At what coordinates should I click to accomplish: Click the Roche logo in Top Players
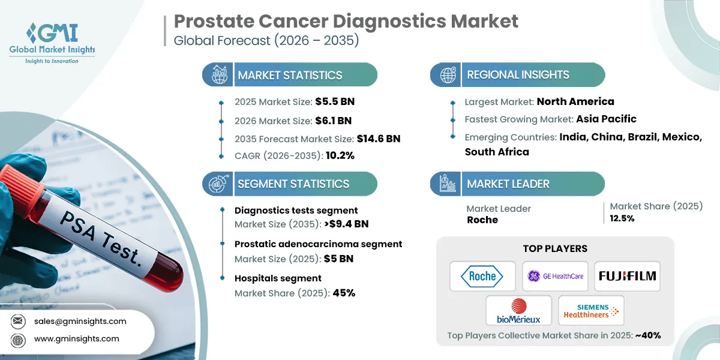point(482,276)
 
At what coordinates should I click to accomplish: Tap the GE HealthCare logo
point(555,276)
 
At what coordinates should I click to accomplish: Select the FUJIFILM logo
point(627,276)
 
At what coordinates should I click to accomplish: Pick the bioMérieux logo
point(518,311)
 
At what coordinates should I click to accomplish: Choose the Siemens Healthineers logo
point(591,311)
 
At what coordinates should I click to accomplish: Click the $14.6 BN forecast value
point(379,139)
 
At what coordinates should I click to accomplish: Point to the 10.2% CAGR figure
point(340,155)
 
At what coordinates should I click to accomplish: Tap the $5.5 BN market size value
point(335,101)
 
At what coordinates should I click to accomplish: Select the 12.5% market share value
point(622,218)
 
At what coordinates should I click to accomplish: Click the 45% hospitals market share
point(344,293)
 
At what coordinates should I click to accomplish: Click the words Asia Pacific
point(606,119)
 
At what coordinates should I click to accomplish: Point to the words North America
point(575,101)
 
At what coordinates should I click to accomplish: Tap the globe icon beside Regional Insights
point(448,75)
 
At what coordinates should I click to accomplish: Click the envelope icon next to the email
point(18,321)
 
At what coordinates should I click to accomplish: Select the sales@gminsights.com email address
point(80,321)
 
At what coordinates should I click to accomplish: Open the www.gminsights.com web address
point(77,338)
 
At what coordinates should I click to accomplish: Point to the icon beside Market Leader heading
point(448,184)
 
